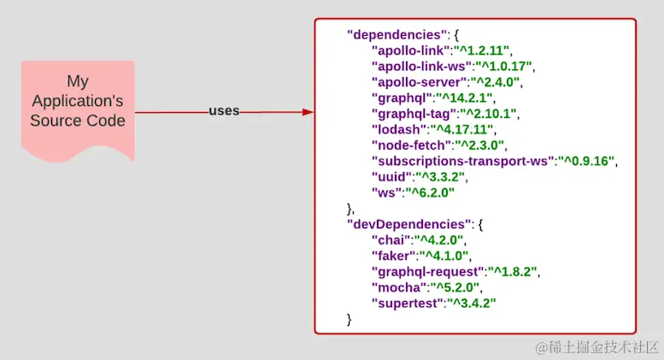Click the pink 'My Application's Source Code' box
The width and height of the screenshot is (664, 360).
tap(78, 108)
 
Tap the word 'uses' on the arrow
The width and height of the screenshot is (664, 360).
tap(224, 111)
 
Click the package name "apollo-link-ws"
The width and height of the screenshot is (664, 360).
tap(419, 66)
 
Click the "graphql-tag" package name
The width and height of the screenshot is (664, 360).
tap(414, 113)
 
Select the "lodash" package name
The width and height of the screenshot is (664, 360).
tap(397, 129)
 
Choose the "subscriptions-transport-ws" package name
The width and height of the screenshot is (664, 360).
tap(462, 160)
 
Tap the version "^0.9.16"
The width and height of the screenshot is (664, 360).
tap(586, 160)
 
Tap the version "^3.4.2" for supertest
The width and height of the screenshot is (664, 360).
tap(471, 303)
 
